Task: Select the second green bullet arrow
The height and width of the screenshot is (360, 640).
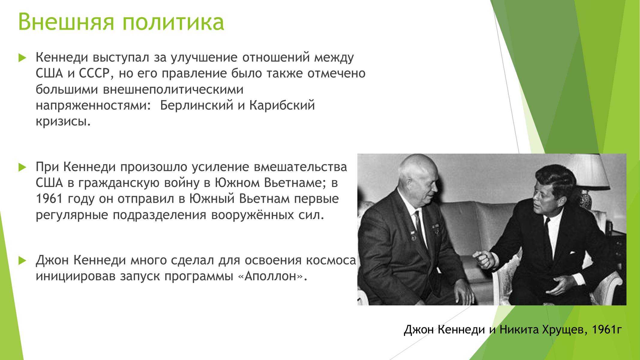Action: pos(23,167)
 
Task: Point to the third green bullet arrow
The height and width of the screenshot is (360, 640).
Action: pos(23,260)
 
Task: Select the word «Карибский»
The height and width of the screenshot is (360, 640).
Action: pos(282,106)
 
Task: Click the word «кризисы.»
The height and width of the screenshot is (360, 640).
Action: pos(63,122)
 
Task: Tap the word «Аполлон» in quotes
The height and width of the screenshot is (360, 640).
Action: pos(271,276)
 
